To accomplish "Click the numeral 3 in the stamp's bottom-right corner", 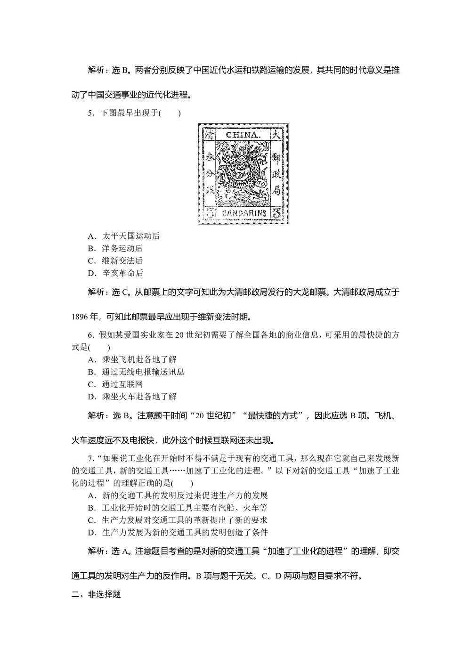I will [277, 213].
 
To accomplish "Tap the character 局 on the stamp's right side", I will [276, 191].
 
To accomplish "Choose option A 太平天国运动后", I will [124, 236].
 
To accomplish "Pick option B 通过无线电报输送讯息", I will [136, 372].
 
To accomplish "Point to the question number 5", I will [90, 113].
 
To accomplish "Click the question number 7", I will [90, 458].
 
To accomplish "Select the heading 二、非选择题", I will [96, 594].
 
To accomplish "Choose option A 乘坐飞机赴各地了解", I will [132, 359].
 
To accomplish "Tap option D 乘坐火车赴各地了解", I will [132, 396].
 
